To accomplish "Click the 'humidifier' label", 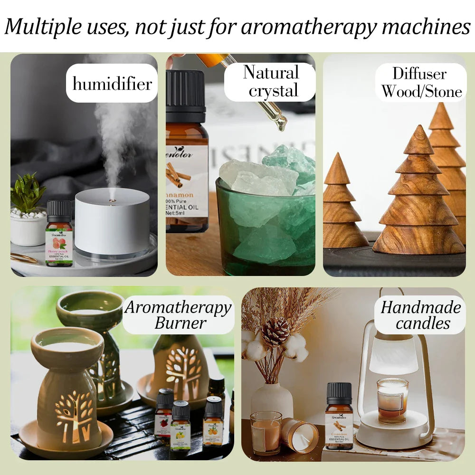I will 112,84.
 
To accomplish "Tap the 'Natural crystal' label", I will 271,82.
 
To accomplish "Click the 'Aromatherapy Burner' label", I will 179,315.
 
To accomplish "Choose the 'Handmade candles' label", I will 420,315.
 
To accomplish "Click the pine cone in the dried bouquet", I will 275,332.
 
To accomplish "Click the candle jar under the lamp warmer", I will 392,400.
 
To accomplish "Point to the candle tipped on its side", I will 299,435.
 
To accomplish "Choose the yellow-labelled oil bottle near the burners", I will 180,428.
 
